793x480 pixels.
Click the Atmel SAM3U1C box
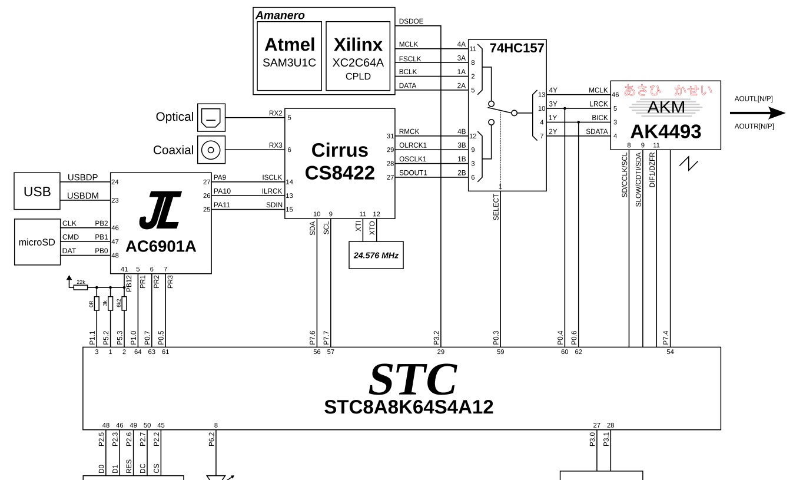[x=289, y=56]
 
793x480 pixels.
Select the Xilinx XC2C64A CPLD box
[x=358, y=56]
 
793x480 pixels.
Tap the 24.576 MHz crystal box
[x=376, y=255]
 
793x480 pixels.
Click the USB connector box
[x=37, y=191]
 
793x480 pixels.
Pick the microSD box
[x=37, y=242]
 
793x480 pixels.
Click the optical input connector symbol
[x=211, y=118]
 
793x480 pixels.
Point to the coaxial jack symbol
[x=211, y=150]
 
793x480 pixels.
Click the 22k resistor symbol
[x=81, y=287]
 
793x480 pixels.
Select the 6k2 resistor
[x=124, y=303]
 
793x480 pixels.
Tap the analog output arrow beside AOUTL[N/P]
[x=758, y=113]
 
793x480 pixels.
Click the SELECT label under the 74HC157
[x=496, y=207]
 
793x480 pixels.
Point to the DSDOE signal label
[x=411, y=21]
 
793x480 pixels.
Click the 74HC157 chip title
[x=517, y=48]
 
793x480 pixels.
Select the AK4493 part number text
[x=666, y=131]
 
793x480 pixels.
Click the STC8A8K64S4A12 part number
[x=409, y=407]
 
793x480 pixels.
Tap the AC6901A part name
[x=161, y=246]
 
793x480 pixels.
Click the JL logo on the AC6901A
[x=160, y=210]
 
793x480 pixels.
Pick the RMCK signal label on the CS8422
[x=409, y=131]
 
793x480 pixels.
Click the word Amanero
[x=280, y=15]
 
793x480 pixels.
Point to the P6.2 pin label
[x=211, y=439]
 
